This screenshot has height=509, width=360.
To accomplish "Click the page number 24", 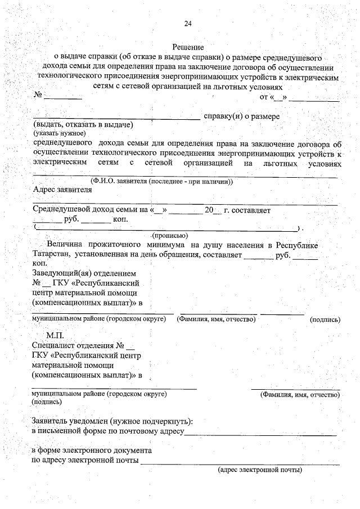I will point(188,23).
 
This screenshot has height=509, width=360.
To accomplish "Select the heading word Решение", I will point(188,48).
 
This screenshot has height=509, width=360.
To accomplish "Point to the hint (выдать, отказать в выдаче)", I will point(83,124).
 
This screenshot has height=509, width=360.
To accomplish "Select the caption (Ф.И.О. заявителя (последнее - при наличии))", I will point(162,181).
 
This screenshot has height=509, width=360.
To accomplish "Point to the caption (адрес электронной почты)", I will point(260,470).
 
